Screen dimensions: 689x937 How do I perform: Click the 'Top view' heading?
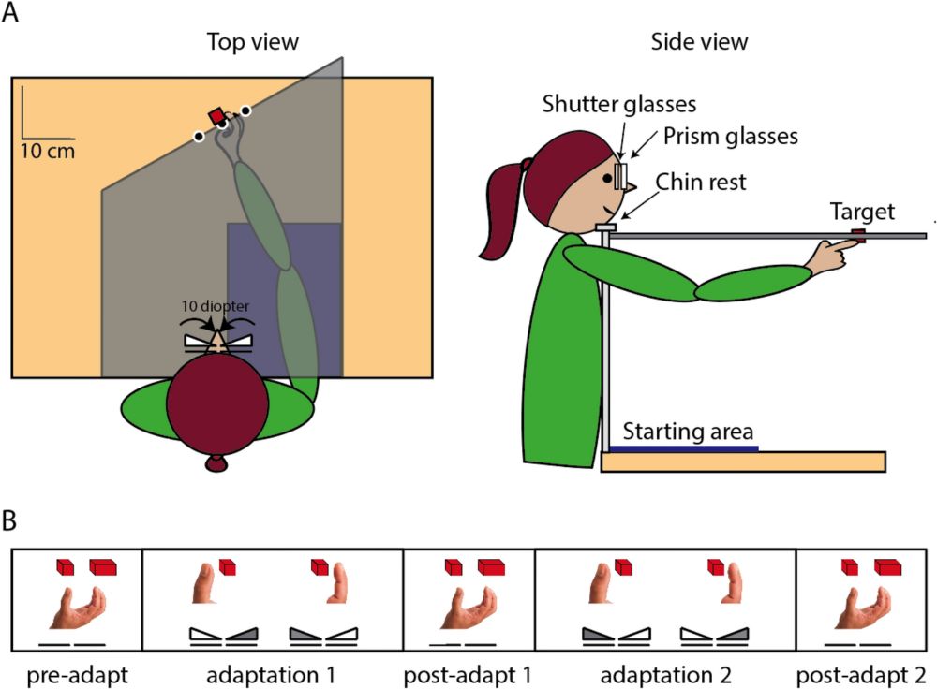coord(252,42)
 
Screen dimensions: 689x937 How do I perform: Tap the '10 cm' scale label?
coord(47,150)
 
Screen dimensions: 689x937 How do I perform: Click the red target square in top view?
coord(217,116)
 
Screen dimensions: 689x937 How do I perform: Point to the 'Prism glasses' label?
coord(729,136)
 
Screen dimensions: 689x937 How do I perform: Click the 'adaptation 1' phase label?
coord(272,673)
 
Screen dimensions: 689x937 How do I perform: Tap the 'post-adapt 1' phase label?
coord(468,673)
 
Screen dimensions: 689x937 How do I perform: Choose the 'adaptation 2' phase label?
coord(663,673)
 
